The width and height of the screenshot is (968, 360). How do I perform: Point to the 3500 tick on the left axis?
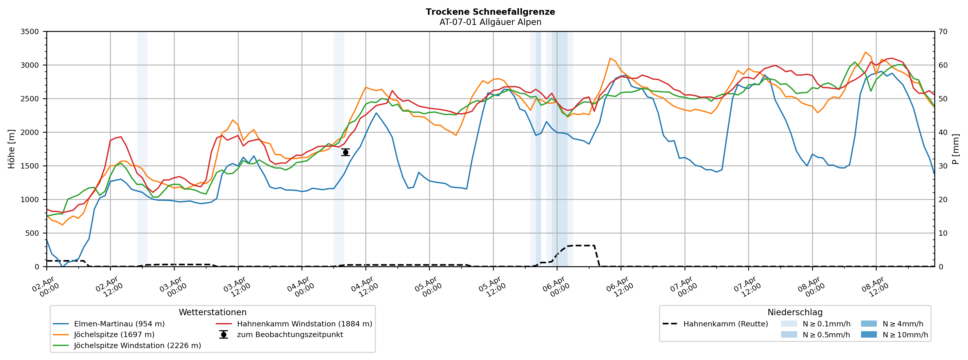[30, 32]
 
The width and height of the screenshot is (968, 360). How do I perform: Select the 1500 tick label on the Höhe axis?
[30, 166]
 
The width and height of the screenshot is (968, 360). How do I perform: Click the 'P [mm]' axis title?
[956, 149]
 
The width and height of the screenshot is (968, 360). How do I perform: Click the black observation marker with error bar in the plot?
[345, 152]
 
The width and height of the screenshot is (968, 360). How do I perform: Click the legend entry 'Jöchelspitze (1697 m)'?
[114, 335]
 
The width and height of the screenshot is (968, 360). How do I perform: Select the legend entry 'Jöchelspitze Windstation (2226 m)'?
[137, 345]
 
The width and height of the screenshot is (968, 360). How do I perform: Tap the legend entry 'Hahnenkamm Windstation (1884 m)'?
[304, 324]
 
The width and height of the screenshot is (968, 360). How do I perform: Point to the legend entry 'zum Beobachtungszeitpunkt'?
[290, 335]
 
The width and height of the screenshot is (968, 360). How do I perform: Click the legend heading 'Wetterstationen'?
[212, 312]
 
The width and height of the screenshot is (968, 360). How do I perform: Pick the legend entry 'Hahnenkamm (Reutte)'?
[725, 324]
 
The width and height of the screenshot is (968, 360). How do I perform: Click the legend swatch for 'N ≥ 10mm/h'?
[868, 335]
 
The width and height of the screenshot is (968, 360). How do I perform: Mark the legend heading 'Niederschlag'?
[795, 312]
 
